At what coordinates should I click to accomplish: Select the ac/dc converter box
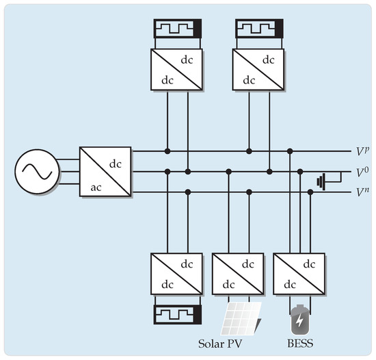(105, 172)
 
